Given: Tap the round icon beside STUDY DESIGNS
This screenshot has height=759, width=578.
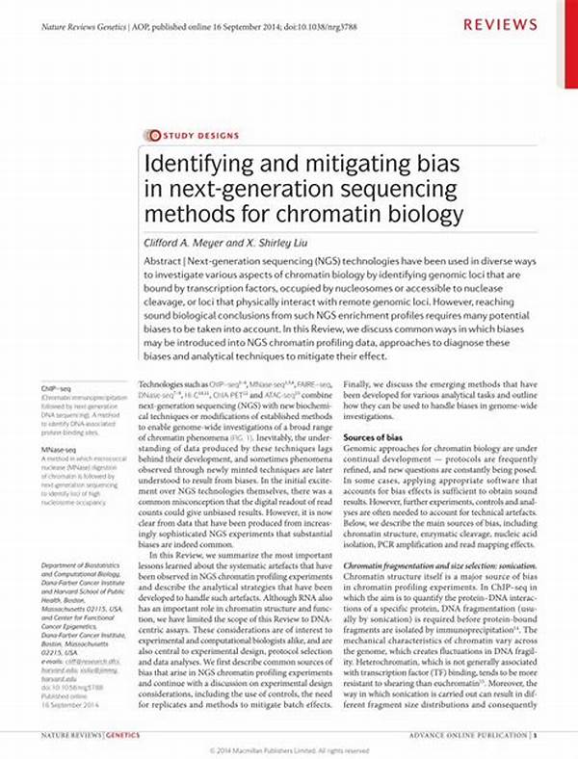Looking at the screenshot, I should click(x=149, y=135).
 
